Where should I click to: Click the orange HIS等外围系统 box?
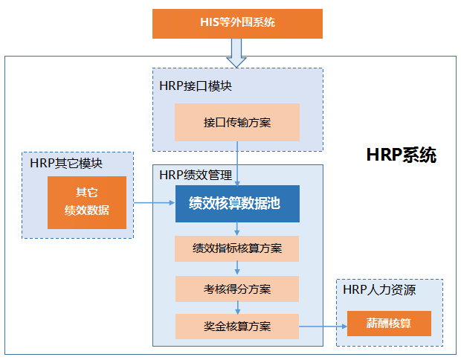pyautogui.click(x=237, y=23)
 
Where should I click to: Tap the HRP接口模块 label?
pyautogui.click(x=196, y=86)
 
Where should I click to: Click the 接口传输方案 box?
pyautogui.click(x=237, y=122)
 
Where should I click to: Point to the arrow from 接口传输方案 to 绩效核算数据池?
pyautogui.click(x=237, y=163)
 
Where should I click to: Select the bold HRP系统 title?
pyautogui.click(x=402, y=155)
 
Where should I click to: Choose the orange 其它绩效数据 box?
pyautogui.click(x=87, y=202)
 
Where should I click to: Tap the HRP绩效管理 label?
pyautogui.click(x=196, y=176)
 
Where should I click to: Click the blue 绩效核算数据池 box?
pyautogui.click(x=237, y=203)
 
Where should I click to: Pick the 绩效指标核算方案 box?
pyautogui.click(x=237, y=248)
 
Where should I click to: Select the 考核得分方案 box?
pyautogui.click(x=237, y=288)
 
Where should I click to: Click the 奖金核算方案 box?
pyautogui.click(x=237, y=327)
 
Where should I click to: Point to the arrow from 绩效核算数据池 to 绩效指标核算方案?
pyautogui.click(x=237, y=228)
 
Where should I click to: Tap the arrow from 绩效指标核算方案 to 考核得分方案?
pyautogui.click(x=237, y=268)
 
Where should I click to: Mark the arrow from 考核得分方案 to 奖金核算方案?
pyautogui.click(x=237, y=307)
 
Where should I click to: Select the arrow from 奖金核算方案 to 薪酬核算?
pyautogui.click(x=323, y=326)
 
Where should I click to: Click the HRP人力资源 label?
pyautogui.click(x=379, y=290)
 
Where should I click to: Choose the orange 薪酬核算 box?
pyautogui.click(x=389, y=324)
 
